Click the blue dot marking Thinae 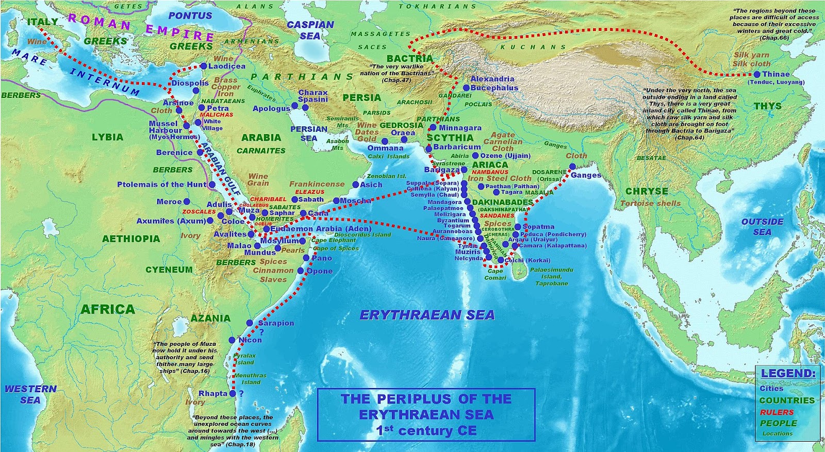point(757,74)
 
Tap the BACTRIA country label point(410,58)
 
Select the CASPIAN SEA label point(310,30)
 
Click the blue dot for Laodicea point(204,66)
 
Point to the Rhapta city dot point(233,393)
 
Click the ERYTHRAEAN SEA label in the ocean point(427,315)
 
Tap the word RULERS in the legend point(777,412)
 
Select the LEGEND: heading point(788,373)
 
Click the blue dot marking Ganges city point(572,166)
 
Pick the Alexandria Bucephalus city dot point(466,88)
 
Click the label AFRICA point(108,309)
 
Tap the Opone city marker point(301,271)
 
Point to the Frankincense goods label point(317,183)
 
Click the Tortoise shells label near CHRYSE point(650,203)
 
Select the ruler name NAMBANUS point(490,172)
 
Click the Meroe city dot point(187,202)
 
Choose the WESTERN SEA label point(30,394)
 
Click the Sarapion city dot point(250,323)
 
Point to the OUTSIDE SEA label point(762,227)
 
